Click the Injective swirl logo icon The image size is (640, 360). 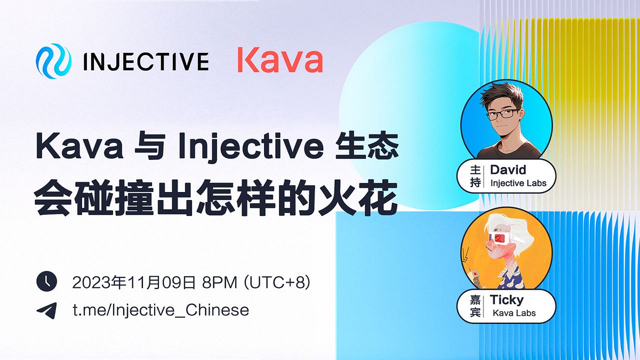pyautogui.click(x=53, y=61)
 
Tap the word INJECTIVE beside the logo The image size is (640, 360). pyautogui.click(x=146, y=62)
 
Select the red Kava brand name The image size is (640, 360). pyautogui.click(x=280, y=61)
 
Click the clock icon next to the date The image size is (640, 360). pyautogui.click(x=46, y=281)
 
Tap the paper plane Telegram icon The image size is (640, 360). pyautogui.click(x=46, y=310)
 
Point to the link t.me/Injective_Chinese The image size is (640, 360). pyautogui.click(x=161, y=310)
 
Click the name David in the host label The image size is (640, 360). pyautogui.click(x=508, y=170)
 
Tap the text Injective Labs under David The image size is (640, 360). pyautogui.click(x=518, y=183)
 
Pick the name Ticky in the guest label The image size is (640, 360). pyautogui.click(x=507, y=300)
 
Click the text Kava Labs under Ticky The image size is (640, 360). pyautogui.click(x=514, y=313)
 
